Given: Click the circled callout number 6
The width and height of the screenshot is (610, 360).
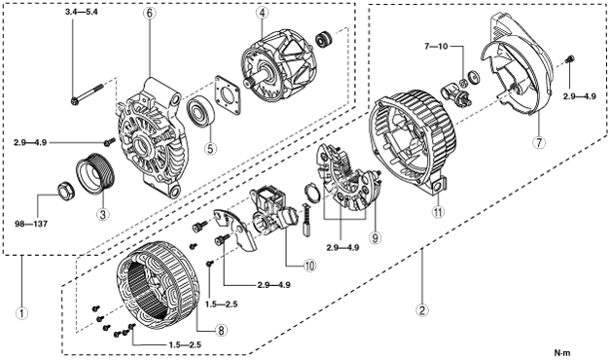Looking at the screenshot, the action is point(150,13).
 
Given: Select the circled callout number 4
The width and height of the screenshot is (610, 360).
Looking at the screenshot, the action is point(263,13).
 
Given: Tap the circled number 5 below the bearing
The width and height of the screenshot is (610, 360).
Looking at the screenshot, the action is point(210,148).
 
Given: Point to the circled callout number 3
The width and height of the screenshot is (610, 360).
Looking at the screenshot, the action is point(103,214).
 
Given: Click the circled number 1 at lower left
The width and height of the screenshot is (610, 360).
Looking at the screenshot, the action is point(21,312).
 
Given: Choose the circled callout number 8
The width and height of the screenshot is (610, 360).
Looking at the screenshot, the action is point(221,331).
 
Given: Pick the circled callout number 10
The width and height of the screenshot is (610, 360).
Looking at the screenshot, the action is point(309,266).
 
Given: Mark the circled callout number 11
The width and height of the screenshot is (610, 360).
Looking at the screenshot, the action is point(439,212).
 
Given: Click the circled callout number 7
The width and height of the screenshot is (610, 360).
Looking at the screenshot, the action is point(539,142).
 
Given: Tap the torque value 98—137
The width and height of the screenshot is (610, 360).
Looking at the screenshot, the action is point(31,224).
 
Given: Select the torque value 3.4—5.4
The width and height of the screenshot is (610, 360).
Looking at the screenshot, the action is point(82,12).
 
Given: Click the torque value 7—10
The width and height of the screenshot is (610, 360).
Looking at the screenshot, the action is point(436,47).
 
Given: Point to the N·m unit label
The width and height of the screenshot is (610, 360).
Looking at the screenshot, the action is point(562,353).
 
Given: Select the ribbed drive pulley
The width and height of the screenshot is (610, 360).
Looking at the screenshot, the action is point(94,173).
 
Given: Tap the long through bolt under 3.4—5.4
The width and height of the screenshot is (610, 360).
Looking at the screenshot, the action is point(88,93).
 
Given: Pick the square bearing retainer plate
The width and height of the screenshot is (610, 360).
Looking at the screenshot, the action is point(228,95).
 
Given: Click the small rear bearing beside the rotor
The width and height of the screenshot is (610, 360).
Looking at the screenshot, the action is point(324,39).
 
